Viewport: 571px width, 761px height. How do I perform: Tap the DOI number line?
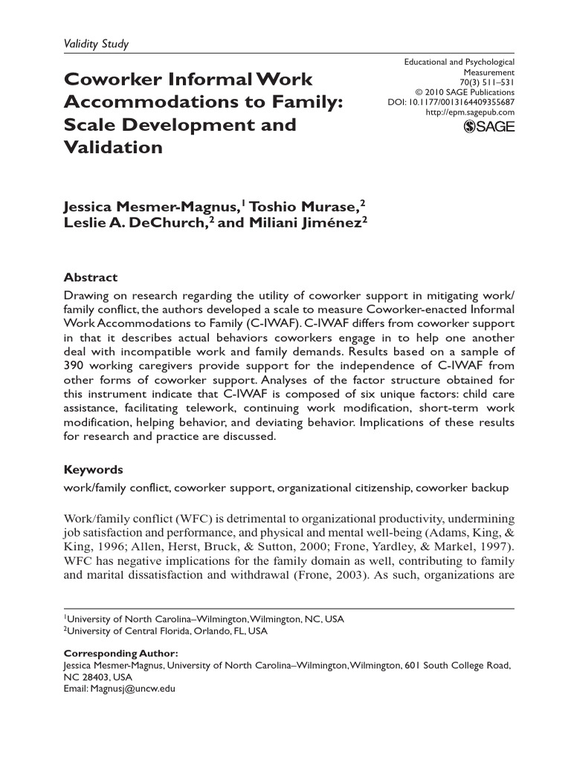[451, 103]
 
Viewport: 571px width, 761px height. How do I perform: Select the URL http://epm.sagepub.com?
[470, 112]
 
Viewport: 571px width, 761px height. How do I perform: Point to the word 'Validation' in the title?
[112, 147]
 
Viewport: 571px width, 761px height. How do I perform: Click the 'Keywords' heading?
[94, 470]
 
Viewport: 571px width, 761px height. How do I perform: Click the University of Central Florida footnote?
[165, 631]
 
